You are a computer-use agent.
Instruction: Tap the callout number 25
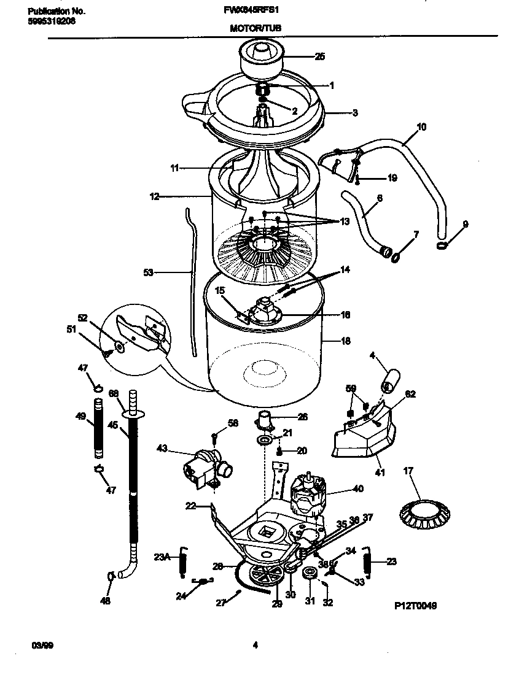pyautogui.click(x=320, y=57)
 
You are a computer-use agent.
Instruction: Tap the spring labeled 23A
pyautogui.click(x=183, y=560)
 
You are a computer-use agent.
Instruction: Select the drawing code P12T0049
pyautogui.click(x=415, y=605)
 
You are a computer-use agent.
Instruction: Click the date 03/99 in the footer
pyautogui.click(x=39, y=644)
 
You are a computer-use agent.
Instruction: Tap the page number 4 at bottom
pyautogui.click(x=255, y=644)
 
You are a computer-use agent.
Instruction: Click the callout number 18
pyautogui.click(x=346, y=341)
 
